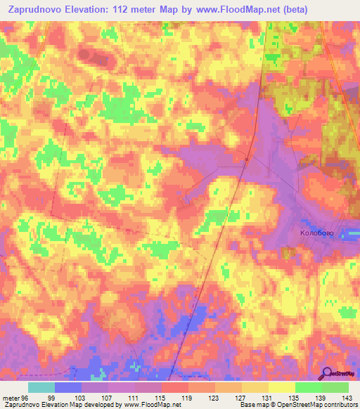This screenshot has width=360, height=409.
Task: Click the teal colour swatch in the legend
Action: coord(41,387)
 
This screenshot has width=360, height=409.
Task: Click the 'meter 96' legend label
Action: coord(15,397)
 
